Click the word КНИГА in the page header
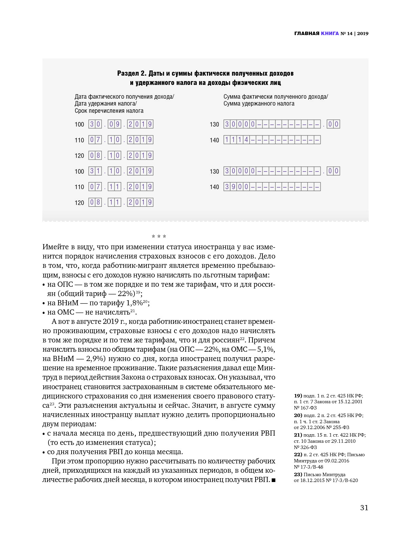point(330,33)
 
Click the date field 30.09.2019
point(121,124)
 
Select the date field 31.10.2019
point(121,171)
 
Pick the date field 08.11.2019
point(121,202)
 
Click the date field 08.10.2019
point(121,155)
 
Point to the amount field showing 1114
point(272,140)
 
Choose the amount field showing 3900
point(272,187)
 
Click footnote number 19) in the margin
point(298,396)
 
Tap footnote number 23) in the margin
point(298,474)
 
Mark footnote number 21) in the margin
point(298,435)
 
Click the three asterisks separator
point(159,237)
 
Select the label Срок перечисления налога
point(109,111)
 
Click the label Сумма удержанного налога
point(259,103)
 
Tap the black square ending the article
point(273,480)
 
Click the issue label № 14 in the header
point(346,33)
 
